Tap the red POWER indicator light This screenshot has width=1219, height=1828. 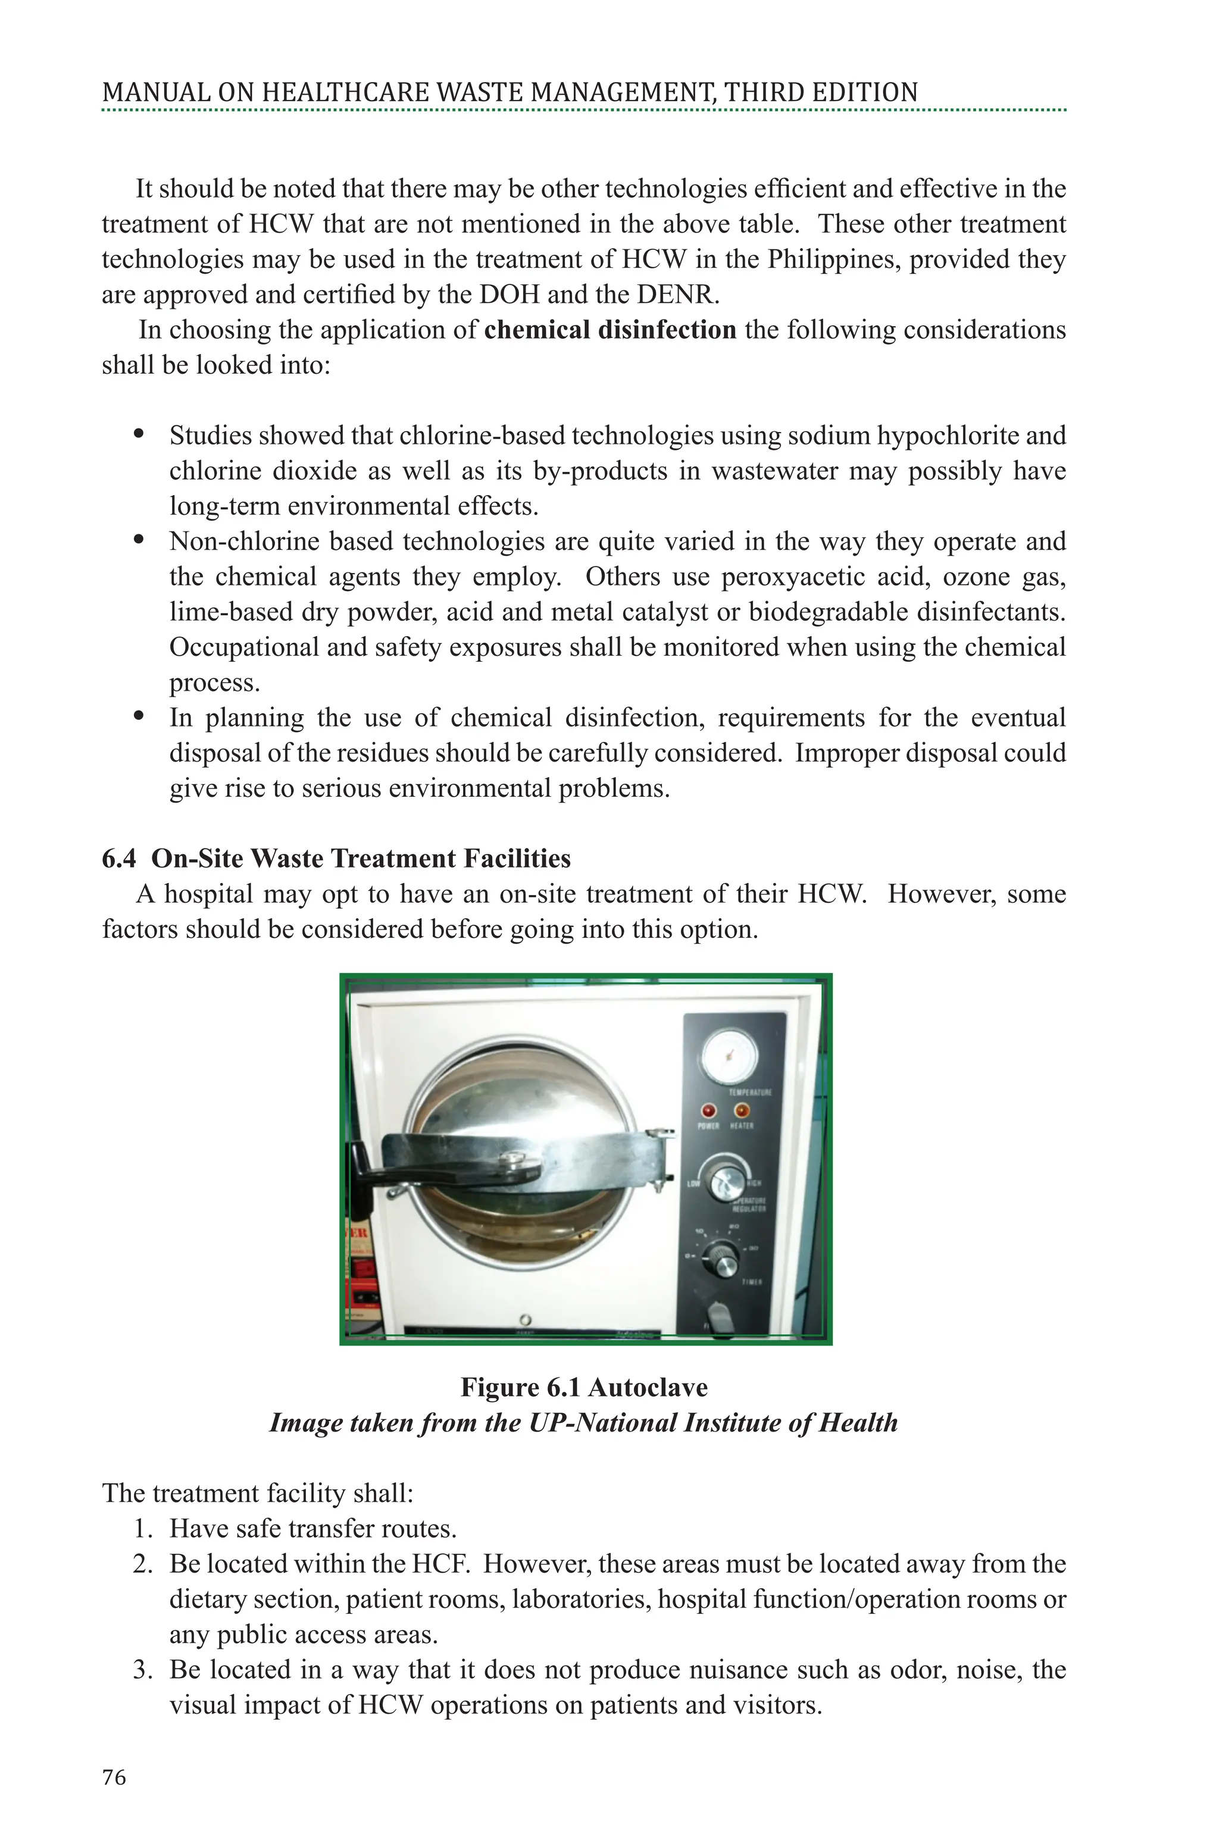tap(708, 1110)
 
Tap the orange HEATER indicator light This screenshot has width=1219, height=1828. tap(742, 1110)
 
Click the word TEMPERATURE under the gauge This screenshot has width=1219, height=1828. tap(749, 1092)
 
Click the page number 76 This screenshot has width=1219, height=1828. tap(114, 1777)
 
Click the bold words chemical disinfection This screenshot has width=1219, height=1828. tap(609, 330)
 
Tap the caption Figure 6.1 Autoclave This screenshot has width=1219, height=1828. tap(584, 1387)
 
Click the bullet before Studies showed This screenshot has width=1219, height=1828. tap(139, 434)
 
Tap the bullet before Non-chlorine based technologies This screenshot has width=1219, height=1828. tap(139, 539)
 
